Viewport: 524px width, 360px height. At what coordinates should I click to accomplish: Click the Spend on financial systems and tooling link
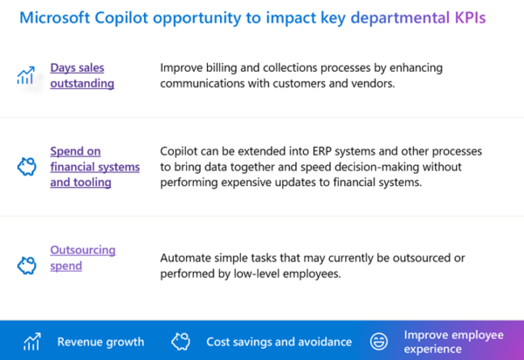tap(93, 165)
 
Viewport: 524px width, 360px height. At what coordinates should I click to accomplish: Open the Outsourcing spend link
tap(82, 258)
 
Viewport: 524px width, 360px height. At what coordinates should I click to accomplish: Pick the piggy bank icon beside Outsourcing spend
tap(26, 262)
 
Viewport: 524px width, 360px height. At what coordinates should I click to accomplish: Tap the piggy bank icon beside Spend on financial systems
tap(26, 167)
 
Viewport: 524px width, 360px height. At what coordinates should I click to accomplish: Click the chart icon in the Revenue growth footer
tap(32, 341)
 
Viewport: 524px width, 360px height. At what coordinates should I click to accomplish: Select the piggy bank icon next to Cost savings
tap(181, 341)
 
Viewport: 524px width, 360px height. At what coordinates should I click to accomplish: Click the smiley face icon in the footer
tap(378, 341)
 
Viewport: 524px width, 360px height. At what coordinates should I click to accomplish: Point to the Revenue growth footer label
tap(100, 342)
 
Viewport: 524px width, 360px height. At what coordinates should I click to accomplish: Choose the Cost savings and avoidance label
tap(279, 342)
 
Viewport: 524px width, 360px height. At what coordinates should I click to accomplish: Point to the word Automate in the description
tap(188, 258)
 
